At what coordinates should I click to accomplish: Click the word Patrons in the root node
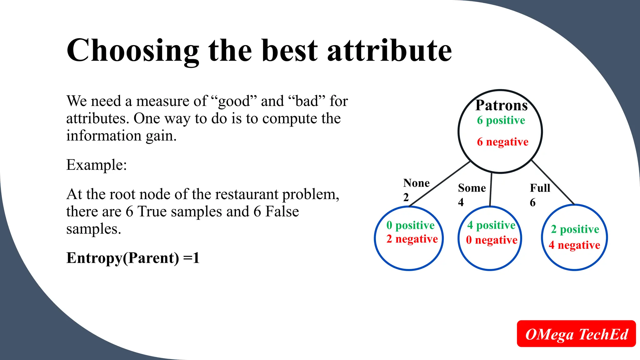[x=501, y=106]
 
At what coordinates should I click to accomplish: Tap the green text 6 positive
[x=501, y=120]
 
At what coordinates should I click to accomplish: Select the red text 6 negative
[x=502, y=142]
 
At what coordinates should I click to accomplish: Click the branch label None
[x=416, y=183]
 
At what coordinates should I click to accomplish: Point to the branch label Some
[x=472, y=188]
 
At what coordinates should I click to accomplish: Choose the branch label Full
[x=540, y=188]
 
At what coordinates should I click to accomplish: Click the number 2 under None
[x=406, y=197]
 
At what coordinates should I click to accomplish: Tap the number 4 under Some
[x=461, y=202]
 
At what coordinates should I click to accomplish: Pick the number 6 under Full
[x=533, y=202]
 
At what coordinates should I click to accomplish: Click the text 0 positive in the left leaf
[x=410, y=225]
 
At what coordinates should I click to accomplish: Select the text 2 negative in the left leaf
[x=412, y=239]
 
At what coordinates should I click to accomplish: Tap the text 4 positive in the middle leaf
[x=491, y=225]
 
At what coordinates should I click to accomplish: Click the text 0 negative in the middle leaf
[x=492, y=240]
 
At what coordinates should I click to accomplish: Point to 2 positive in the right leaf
[x=575, y=229]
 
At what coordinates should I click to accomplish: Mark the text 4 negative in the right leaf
[x=574, y=245]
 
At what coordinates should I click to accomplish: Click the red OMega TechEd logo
[x=576, y=334]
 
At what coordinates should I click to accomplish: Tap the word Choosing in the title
[x=133, y=51]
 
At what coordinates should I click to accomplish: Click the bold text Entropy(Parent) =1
[x=133, y=258]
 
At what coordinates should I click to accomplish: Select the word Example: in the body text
[x=97, y=165]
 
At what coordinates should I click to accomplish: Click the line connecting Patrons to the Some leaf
[x=491, y=189]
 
